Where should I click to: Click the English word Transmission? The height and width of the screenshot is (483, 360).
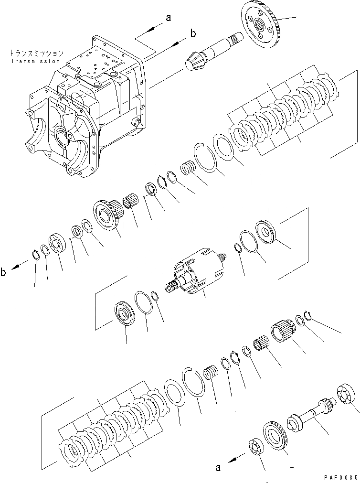(x=35, y=61)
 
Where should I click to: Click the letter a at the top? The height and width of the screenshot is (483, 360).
(x=168, y=18)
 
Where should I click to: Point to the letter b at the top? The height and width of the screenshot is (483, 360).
(x=193, y=33)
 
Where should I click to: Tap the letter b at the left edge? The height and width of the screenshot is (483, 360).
(x=4, y=273)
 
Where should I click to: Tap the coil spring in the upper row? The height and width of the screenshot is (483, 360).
(x=188, y=170)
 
